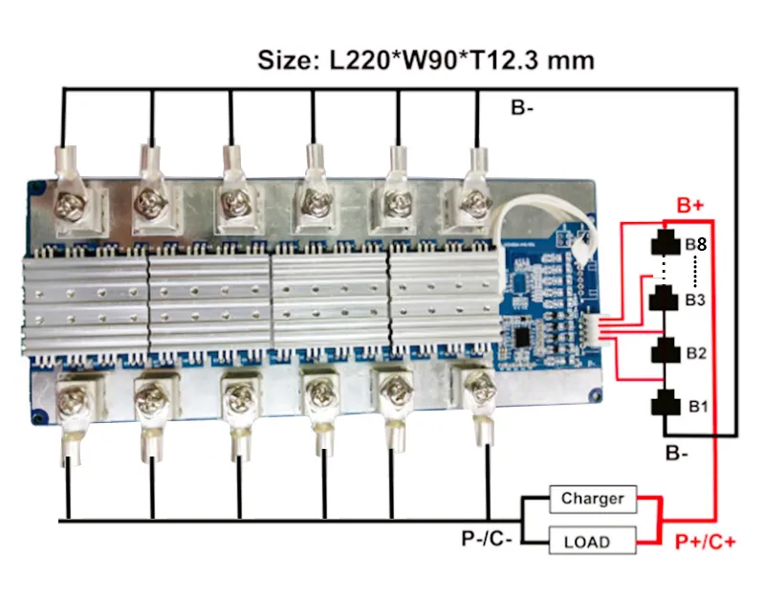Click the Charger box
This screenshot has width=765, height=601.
[x=592, y=499]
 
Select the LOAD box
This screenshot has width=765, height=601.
[x=592, y=542]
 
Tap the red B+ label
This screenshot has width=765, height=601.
[x=691, y=206]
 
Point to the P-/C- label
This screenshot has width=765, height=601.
[x=487, y=539]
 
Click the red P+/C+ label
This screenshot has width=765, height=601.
[x=706, y=543]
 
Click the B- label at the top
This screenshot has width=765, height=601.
[x=522, y=108]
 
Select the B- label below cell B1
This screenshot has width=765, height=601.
[x=677, y=453]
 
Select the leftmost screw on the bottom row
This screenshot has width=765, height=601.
[x=72, y=393]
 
